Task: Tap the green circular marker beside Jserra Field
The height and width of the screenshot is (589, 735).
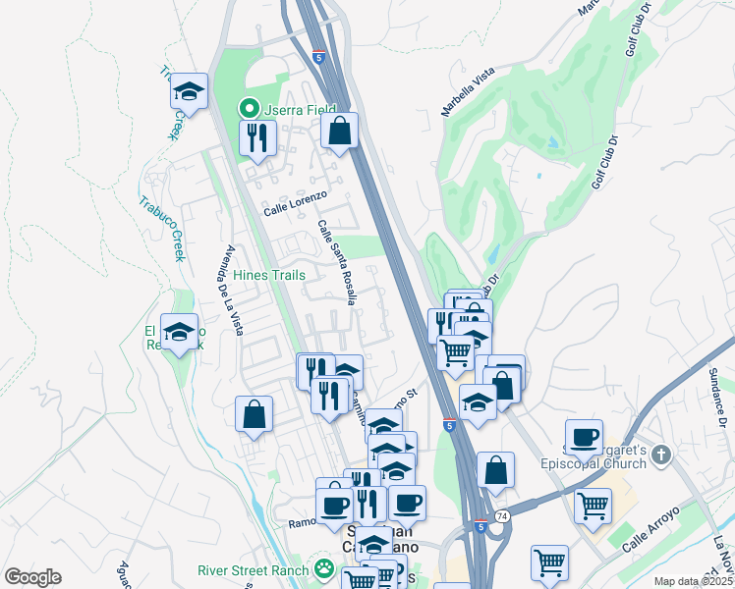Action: [x=250, y=109]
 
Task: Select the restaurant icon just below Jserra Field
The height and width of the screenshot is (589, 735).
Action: [x=256, y=137]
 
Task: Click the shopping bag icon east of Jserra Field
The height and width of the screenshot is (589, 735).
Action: [x=339, y=131]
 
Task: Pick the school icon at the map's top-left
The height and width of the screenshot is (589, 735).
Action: [x=189, y=91]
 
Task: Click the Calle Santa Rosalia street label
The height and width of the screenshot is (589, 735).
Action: [x=336, y=262]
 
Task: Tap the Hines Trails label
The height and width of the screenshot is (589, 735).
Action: [x=268, y=275]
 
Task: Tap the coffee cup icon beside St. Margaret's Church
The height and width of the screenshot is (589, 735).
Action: [x=584, y=437]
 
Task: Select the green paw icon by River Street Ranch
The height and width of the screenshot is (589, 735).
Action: [x=321, y=568]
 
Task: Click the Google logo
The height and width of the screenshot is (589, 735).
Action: [x=32, y=577]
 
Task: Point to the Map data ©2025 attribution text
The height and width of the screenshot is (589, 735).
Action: [x=693, y=581]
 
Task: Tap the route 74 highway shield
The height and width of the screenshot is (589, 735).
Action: [x=503, y=515]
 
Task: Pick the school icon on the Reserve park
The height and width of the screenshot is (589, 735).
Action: [x=179, y=333]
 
